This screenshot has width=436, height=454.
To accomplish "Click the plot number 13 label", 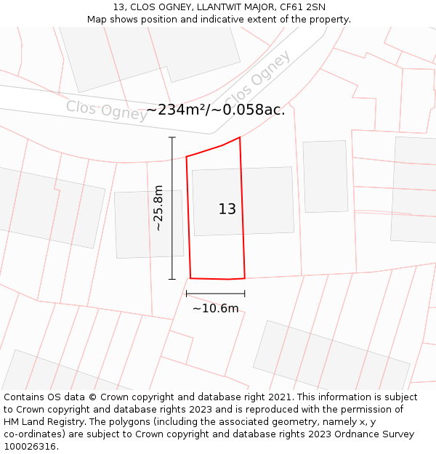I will [227, 209].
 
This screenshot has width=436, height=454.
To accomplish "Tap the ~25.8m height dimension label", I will [158, 208].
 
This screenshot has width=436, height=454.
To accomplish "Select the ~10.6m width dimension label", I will [215, 309].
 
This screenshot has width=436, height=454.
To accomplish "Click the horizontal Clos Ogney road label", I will [107, 110].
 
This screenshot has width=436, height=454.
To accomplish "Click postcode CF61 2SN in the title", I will [300, 7].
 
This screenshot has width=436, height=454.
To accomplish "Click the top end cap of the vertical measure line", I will [172, 137].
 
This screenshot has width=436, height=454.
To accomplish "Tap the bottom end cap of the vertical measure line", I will [172, 279].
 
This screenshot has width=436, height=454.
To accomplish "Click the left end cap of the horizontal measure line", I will [187, 293].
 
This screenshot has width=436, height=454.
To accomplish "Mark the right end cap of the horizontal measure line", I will [245, 293].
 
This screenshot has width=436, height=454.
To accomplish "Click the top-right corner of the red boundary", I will [240, 137].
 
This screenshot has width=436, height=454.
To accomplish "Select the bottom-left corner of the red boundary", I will [190, 277].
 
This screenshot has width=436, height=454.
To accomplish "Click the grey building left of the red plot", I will [149, 224].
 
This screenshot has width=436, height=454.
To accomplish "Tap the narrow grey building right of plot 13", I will [326, 177].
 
